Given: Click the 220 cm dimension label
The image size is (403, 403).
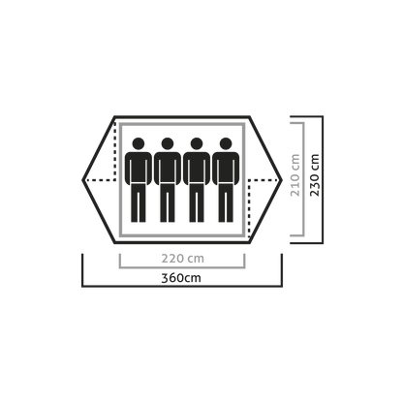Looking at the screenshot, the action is (x=183, y=259).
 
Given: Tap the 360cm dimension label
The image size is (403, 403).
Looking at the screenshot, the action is (x=181, y=278).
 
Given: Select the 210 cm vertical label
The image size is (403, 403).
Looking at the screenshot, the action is (x=295, y=175).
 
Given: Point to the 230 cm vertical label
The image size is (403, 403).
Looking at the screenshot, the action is (x=314, y=175).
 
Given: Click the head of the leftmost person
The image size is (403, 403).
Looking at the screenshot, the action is (x=139, y=143).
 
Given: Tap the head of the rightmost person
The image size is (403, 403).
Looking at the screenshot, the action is (x=226, y=143).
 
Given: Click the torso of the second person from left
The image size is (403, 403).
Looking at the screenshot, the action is (x=168, y=168).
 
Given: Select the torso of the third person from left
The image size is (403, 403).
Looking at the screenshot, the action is (x=197, y=168).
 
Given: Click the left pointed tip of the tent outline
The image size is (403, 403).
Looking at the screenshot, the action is (x=82, y=180).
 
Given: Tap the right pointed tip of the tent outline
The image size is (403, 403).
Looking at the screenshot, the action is (x=282, y=180).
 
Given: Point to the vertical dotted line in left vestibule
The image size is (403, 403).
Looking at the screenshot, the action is (x=115, y=151).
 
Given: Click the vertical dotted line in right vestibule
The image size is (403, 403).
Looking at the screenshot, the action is (x=249, y=208).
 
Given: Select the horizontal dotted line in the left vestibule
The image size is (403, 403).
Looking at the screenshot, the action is (x=100, y=180).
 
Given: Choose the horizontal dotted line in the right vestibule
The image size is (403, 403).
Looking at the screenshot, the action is (x=264, y=180).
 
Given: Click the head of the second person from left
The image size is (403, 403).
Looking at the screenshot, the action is (x=168, y=143).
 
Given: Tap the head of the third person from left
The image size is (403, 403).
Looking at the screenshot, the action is (x=197, y=143).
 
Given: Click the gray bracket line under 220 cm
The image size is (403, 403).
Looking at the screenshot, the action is (x=182, y=267).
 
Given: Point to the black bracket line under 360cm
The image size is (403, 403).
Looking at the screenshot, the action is (x=182, y=286).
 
